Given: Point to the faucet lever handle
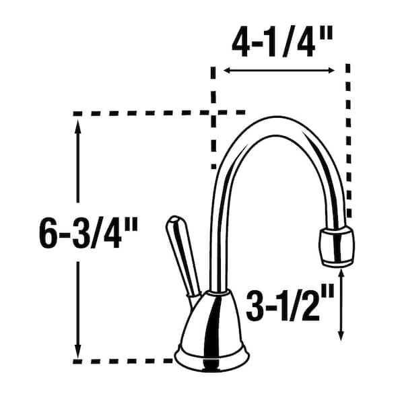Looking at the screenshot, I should pos(181,256).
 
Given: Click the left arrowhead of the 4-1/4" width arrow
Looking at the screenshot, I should pos(226,70).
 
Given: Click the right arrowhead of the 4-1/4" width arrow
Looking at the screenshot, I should pos(333,70).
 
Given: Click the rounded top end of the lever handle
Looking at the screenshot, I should pos(172,222).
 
